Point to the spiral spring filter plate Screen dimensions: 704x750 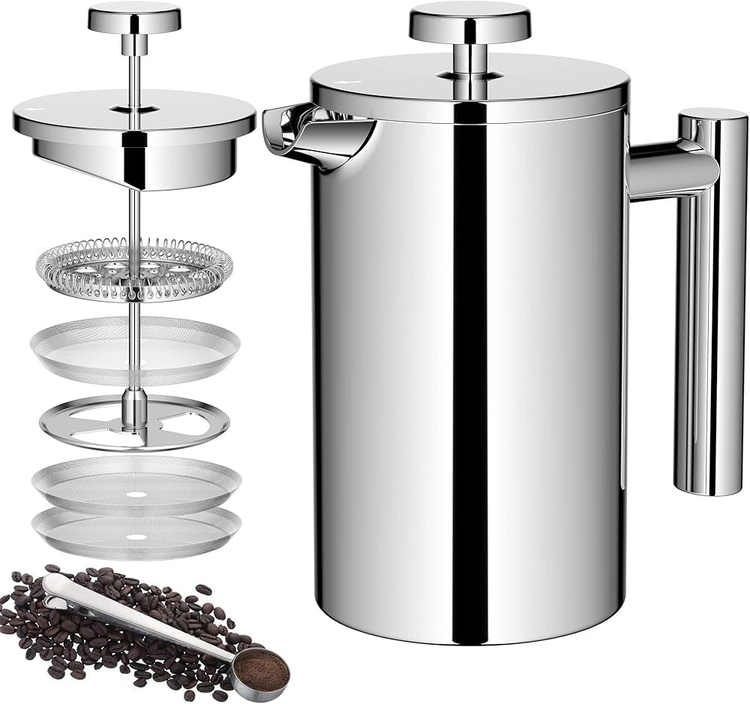coord(135,266)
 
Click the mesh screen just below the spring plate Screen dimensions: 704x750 coord(135,349)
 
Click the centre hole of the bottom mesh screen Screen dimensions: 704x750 coord(135,537)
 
